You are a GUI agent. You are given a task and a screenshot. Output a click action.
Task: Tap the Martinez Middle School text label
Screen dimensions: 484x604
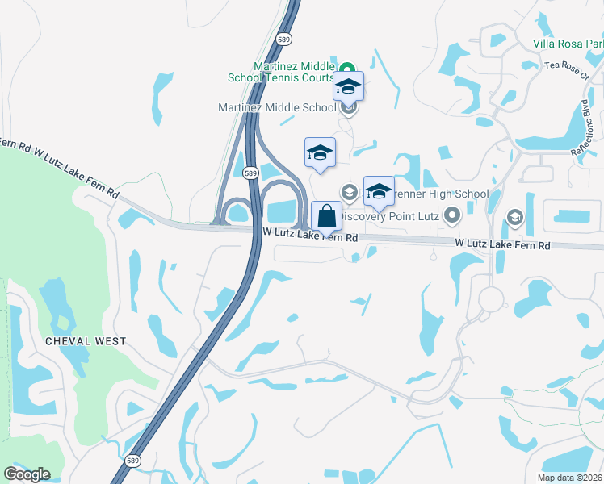[277, 107]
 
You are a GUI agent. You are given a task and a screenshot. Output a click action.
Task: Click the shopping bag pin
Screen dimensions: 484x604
[325, 218]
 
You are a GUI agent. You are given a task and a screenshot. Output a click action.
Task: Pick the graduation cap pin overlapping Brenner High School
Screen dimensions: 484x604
[379, 192]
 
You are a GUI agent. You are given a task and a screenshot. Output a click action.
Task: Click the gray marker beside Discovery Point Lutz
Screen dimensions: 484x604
[451, 215]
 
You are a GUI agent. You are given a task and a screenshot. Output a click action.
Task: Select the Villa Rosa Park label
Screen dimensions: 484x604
[568, 43]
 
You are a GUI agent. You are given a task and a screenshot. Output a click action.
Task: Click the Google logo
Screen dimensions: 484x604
[27, 474]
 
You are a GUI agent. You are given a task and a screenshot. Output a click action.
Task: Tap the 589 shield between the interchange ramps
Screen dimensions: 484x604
[250, 173]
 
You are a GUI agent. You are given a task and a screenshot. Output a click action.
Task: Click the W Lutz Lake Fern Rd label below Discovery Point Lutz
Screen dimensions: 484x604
[501, 243]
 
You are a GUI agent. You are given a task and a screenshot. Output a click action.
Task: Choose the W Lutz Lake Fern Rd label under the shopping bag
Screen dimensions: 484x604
[311, 238]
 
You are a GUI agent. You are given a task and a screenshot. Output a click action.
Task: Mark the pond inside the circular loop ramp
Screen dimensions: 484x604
[238, 214]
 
